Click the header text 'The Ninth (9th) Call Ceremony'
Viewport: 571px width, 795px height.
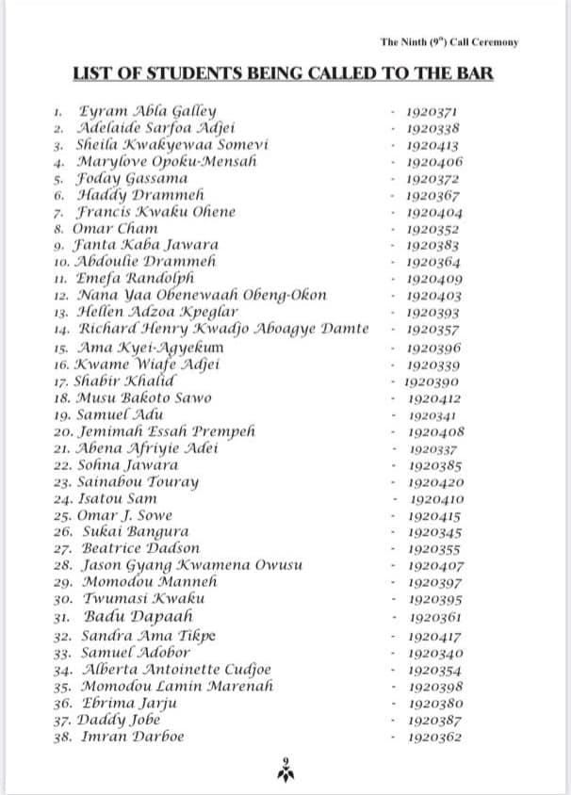coord(449,42)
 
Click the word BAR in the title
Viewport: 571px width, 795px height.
coord(472,73)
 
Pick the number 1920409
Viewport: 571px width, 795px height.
coord(434,279)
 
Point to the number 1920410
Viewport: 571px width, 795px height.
coord(437,498)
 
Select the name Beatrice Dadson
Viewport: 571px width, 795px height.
coord(139,548)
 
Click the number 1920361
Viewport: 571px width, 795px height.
coord(435,617)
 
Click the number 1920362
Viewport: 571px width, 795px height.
coord(434,737)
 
